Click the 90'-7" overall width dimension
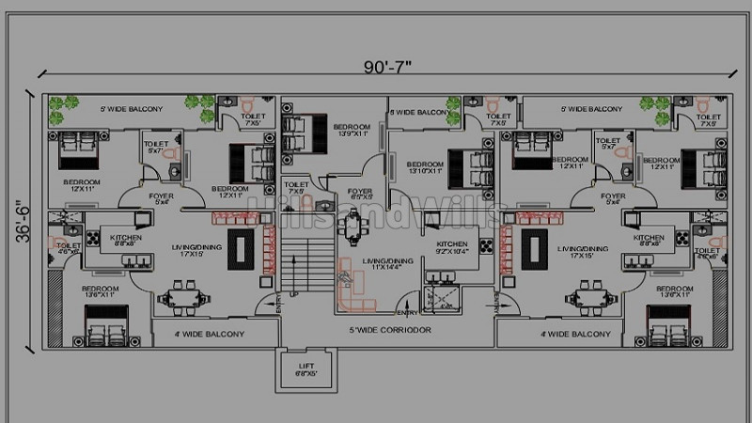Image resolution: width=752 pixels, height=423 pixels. point(388,67)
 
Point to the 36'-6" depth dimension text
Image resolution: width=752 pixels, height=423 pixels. point(23,227)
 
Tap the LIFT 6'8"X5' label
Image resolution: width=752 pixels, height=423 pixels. point(305,369)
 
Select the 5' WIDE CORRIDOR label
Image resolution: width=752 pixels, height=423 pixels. point(389,331)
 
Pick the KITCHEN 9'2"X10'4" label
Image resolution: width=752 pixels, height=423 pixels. point(450,247)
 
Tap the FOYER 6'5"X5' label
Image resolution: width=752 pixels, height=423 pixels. point(359,195)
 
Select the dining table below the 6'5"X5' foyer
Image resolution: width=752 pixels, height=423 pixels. point(353,227)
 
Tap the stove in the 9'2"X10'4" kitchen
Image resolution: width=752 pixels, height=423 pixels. point(485,246)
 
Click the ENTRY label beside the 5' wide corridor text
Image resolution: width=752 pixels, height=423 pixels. point(408,312)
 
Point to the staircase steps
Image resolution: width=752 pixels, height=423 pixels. point(309,263)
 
